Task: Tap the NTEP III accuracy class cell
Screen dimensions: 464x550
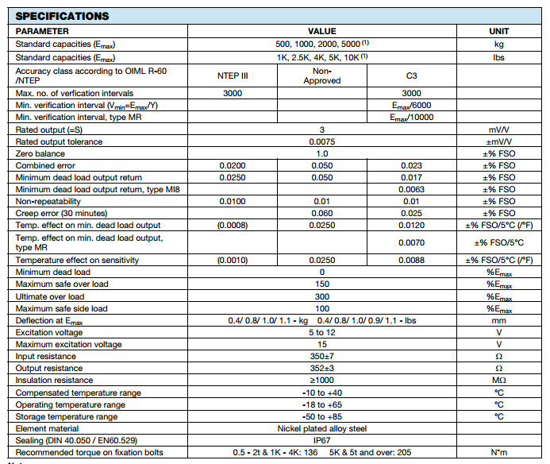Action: pos(233,75)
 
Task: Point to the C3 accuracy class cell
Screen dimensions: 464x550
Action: pos(411,75)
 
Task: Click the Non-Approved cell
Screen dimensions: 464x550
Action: pos(322,75)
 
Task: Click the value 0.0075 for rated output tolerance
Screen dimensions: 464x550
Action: pos(322,141)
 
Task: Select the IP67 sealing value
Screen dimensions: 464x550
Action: pos(322,439)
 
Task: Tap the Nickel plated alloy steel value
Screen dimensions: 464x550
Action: pos(322,427)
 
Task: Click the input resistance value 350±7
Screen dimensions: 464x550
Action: pos(322,356)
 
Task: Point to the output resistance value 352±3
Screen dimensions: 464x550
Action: pos(322,368)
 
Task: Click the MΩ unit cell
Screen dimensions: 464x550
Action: pos(499,380)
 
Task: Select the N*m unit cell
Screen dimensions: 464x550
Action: pos(499,452)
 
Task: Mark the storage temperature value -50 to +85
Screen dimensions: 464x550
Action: pos(322,416)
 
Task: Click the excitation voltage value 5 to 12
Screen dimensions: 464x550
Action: pos(322,332)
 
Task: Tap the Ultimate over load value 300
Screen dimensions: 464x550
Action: pos(322,296)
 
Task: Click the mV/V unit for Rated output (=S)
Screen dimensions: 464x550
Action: pos(499,130)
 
